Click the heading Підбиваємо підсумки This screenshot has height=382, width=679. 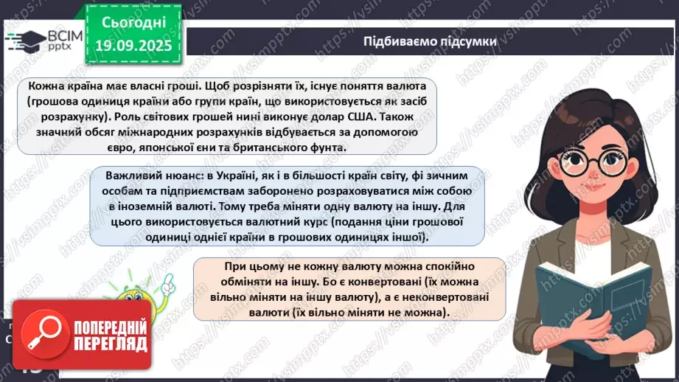(430, 41)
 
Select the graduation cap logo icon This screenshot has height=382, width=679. (23, 41)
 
